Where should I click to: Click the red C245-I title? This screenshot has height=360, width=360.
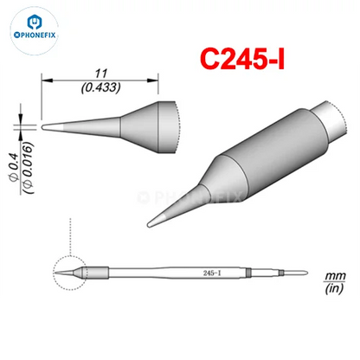click(x=242, y=59)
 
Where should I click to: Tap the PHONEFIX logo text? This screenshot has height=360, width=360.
click(x=35, y=35)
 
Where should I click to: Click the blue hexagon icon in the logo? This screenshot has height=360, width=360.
click(x=35, y=22)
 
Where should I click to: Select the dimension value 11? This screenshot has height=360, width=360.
click(x=101, y=74)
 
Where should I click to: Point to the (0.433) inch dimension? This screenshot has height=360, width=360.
click(x=100, y=87)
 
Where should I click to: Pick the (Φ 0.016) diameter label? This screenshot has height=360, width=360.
click(x=29, y=168)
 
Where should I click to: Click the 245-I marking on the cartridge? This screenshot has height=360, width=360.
click(x=212, y=273)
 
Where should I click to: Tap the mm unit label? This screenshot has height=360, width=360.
click(x=335, y=276)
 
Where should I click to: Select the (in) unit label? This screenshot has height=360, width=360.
click(x=334, y=288)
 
